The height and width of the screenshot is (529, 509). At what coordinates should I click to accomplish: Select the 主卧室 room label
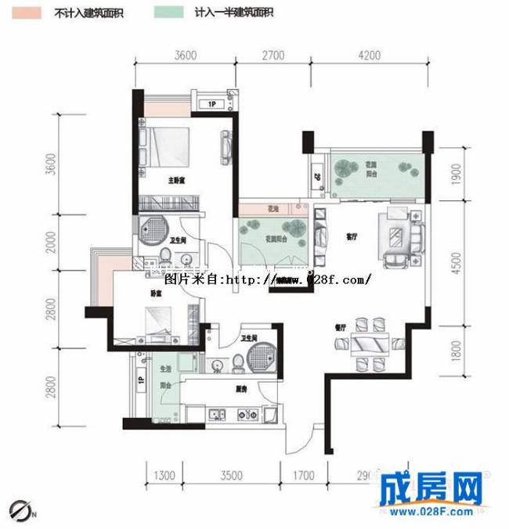click(176, 181)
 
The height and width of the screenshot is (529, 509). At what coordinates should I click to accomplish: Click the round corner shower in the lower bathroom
click(259, 358)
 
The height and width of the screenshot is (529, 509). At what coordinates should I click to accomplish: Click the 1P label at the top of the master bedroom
click(211, 105)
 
